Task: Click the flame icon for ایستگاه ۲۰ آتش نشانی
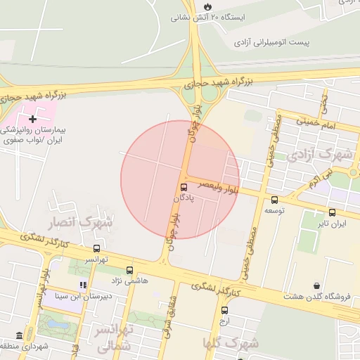207,6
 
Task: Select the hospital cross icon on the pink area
32,120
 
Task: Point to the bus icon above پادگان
184,187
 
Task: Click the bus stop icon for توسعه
274,200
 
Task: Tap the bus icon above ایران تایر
332,212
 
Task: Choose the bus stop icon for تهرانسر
96,248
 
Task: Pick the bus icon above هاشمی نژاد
129,270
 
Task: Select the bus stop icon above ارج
224,310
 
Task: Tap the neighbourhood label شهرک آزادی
325,153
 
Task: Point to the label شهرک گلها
231,343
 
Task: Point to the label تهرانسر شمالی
112,337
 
